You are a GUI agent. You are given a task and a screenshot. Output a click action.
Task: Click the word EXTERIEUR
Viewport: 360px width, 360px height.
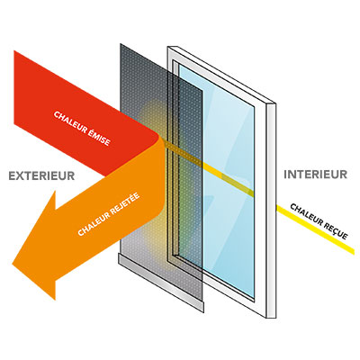[x=41, y=175]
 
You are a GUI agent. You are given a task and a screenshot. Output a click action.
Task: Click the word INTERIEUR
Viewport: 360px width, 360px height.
[x=316, y=175]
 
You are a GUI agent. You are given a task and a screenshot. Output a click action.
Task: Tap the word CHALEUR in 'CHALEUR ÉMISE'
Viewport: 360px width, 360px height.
[x=70, y=123]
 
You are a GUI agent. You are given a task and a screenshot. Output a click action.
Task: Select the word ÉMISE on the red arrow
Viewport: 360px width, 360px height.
[x=100, y=138]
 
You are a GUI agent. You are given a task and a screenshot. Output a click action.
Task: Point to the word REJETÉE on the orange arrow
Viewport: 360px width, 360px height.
[x=125, y=205]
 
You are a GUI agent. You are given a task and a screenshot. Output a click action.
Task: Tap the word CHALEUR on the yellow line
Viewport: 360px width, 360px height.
[x=307, y=214]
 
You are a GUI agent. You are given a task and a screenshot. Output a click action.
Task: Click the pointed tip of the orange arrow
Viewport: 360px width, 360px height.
[x=13, y=265]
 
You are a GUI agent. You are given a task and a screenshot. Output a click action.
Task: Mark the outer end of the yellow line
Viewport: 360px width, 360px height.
[x=354, y=252]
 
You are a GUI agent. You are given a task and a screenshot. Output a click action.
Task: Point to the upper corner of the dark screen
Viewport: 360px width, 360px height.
[x=121, y=44]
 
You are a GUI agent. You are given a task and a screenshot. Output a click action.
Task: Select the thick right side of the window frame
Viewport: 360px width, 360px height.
[x=271, y=210]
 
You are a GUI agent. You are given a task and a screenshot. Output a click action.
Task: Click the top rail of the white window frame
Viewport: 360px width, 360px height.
[x=221, y=75]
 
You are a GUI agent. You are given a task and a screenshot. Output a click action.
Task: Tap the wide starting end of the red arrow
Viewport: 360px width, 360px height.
[x=14, y=87]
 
